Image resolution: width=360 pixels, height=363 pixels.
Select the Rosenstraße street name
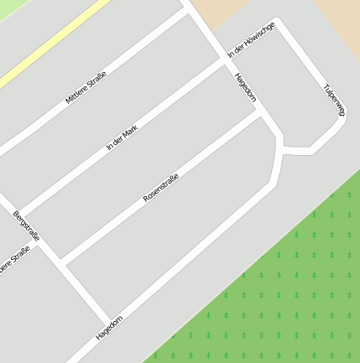[x=161, y=186]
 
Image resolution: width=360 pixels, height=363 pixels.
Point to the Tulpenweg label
[x=334, y=99]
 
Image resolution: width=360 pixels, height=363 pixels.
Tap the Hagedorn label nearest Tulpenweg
[x=246, y=87]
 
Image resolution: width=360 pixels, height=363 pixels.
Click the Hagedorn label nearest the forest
[x=109, y=327]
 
